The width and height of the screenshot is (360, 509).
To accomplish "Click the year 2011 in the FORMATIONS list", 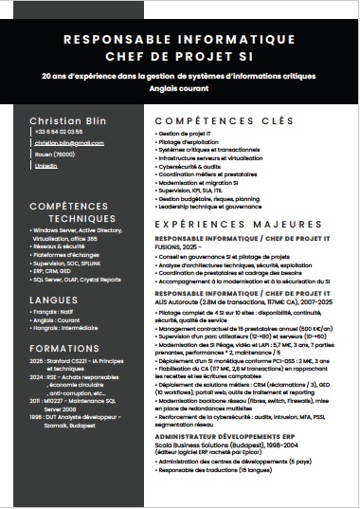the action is tap(35, 402).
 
